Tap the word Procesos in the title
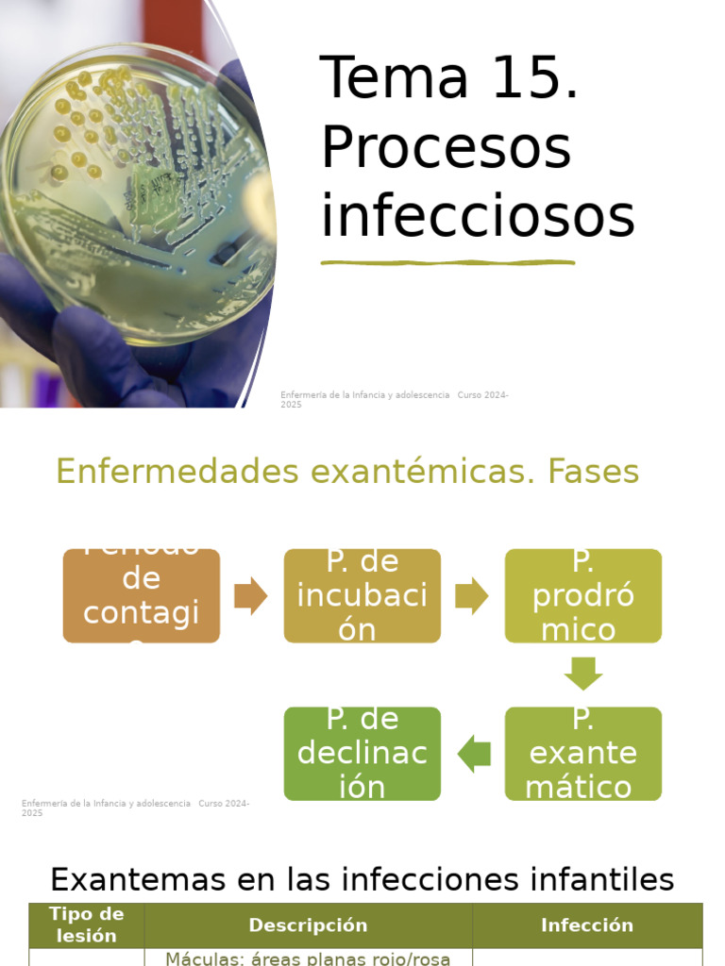(x=446, y=148)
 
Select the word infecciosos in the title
(x=477, y=217)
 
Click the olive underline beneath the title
(x=447, y=262)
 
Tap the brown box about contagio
(x=142, y=596)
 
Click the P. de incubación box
(x=362, y=596)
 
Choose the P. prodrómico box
(x=583, y=596)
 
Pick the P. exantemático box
(x=583, y=754)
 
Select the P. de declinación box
(x=362, y=754)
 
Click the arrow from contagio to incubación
(x=251, y=596)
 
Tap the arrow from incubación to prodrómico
(x=472, y=596)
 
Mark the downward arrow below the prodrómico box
(x=583, y=674)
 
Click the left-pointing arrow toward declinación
(x=474, y=754)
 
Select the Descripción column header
(x=308, y=925)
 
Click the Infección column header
(x=587, y=925)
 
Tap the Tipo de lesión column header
(x=86, y=925)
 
